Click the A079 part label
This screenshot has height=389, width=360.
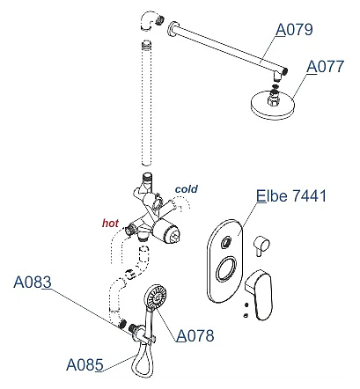coord(295,30)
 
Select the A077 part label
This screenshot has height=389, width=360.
coord(325,67)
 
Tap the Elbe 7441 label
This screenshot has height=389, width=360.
coord(291,195)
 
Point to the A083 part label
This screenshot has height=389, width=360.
coord(33,283)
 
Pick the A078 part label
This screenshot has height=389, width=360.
coord(195,335)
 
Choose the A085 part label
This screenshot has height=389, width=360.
coord(84,365)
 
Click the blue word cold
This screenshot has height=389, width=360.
coord(187,189)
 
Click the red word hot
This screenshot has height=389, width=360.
coord(110,224)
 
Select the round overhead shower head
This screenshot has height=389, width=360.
coord(272,106)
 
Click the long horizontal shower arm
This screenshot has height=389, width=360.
coord(226,47)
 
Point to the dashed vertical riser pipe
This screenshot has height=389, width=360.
coord(146,104)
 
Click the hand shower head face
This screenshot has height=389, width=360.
coord(156,296)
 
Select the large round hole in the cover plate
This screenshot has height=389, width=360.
coord(226,269)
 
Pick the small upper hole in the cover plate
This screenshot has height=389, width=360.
coord(226,242)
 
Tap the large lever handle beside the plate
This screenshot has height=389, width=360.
coord(260,295)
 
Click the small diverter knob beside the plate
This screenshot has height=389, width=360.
coord(261,246)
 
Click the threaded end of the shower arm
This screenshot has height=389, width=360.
coord(285,70)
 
